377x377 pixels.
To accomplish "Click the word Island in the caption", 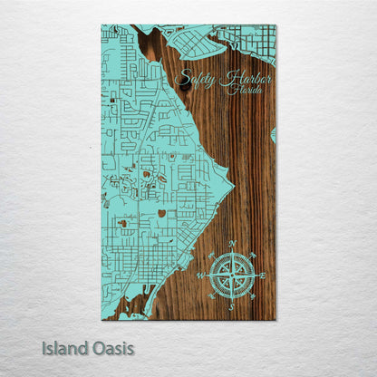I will (x=63, y=348).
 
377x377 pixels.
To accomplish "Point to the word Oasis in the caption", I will (x=111, y=348).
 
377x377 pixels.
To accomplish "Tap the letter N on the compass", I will (x=232, y=244).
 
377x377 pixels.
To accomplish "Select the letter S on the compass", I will (x=232, y=306).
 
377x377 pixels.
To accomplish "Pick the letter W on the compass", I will (x=200, y=275).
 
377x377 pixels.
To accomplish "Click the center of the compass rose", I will (x=232, y=275).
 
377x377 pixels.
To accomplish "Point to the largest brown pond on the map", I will (x=160, y=214).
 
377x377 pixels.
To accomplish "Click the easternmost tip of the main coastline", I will (x=233, y=188).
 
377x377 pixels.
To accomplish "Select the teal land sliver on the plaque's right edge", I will (x=273, y=134).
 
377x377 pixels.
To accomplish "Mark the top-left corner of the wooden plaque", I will (x=101, y=25).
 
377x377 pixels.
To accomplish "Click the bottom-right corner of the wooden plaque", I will (x=275, y=319).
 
